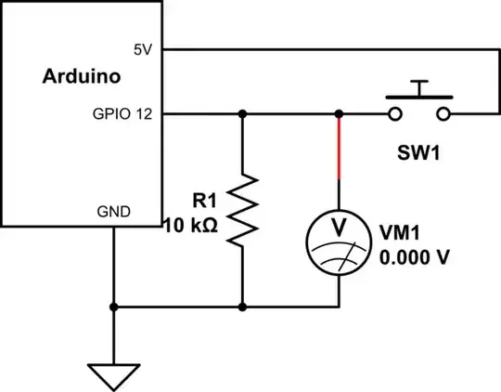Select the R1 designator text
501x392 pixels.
[204, 200]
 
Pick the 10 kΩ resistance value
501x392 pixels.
[190, 224]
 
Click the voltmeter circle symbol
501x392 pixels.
[339, 238]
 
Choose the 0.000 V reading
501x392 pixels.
[415, 256]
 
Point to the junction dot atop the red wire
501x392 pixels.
[339, 114]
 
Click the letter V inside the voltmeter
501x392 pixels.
[339, 227]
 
